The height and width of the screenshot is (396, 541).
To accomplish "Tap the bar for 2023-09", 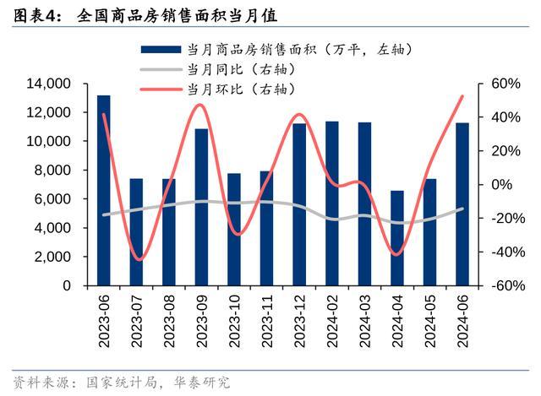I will (201, 207).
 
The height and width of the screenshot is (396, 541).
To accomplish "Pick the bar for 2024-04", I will (397, 238).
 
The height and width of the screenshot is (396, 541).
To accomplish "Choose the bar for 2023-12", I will (299, 204).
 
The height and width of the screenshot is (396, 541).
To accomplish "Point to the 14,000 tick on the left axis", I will (48, 84).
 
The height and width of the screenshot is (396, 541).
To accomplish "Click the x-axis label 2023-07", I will (136, 318).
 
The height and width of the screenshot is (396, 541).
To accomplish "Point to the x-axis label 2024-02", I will (332, 318).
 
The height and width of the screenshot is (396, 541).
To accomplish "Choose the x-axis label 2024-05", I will (430, 318).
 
